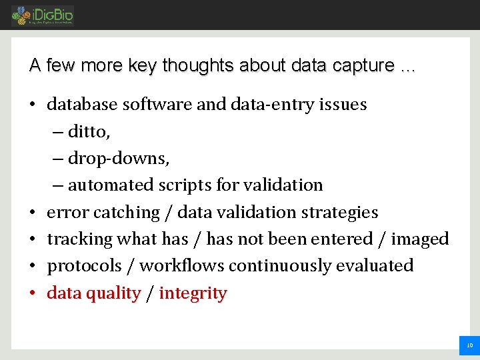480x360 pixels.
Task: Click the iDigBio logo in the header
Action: pyautogui.click(x=43, y=15)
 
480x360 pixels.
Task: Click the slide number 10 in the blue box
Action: pyautogui.click(x=469, y=345)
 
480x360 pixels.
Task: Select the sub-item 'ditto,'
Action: pyautogui.click(x=89, y=131)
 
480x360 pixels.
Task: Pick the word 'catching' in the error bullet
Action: pyautogui.click(x=126, y=212)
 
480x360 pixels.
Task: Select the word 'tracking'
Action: pyautogui.click(x=79, y=239)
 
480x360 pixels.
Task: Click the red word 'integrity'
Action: pyautogui.click(x=193, y=293)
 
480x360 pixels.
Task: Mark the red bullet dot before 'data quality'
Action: pyautogui.click(x=33, y=293)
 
